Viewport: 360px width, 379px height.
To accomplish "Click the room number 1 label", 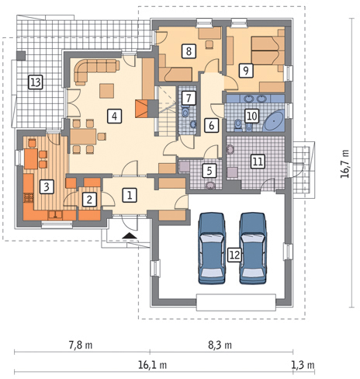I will click(x=130, y=195).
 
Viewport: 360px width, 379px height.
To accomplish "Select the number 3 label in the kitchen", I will click(x=47, y=186).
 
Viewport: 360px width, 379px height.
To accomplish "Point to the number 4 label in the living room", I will click(x=114, y=116).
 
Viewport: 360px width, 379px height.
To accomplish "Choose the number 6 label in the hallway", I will click(x=211, y=124).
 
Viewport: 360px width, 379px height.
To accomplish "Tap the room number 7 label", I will click(x=189, y=98).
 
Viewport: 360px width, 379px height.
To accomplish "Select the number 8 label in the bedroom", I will click(x=189, y=51).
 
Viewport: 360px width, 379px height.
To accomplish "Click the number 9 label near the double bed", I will click(x=245, y=70).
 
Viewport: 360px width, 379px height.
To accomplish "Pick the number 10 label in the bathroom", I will click(x=251, y=115).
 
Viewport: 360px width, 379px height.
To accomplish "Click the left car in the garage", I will click(x=212, y=244).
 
